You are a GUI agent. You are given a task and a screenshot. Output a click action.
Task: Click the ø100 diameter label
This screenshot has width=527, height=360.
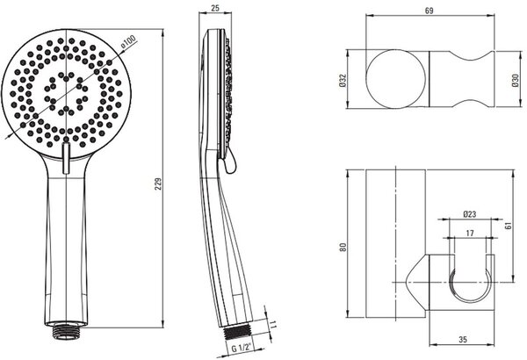tap(128, 40)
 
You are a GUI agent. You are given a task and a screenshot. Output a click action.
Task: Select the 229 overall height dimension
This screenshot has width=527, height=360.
tap(158, 184)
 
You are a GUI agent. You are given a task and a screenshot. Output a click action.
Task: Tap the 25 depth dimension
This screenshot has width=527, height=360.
tap(215, 8)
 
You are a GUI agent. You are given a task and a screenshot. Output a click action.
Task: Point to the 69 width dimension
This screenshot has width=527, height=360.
tap(430, 11)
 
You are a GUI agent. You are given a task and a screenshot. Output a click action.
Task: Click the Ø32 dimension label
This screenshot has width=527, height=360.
tap(343, 81)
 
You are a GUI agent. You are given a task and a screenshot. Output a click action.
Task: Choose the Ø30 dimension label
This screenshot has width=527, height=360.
tap(516, 81)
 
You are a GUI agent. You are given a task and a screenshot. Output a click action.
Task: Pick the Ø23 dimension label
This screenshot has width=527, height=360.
tap(470, 214)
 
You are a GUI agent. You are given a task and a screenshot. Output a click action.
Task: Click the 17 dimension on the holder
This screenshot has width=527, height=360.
tap(470, 233)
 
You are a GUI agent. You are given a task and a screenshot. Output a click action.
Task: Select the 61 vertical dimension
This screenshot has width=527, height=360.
tap(509, 225)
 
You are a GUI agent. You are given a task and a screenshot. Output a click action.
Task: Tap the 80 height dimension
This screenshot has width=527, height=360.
tap(343, 248)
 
